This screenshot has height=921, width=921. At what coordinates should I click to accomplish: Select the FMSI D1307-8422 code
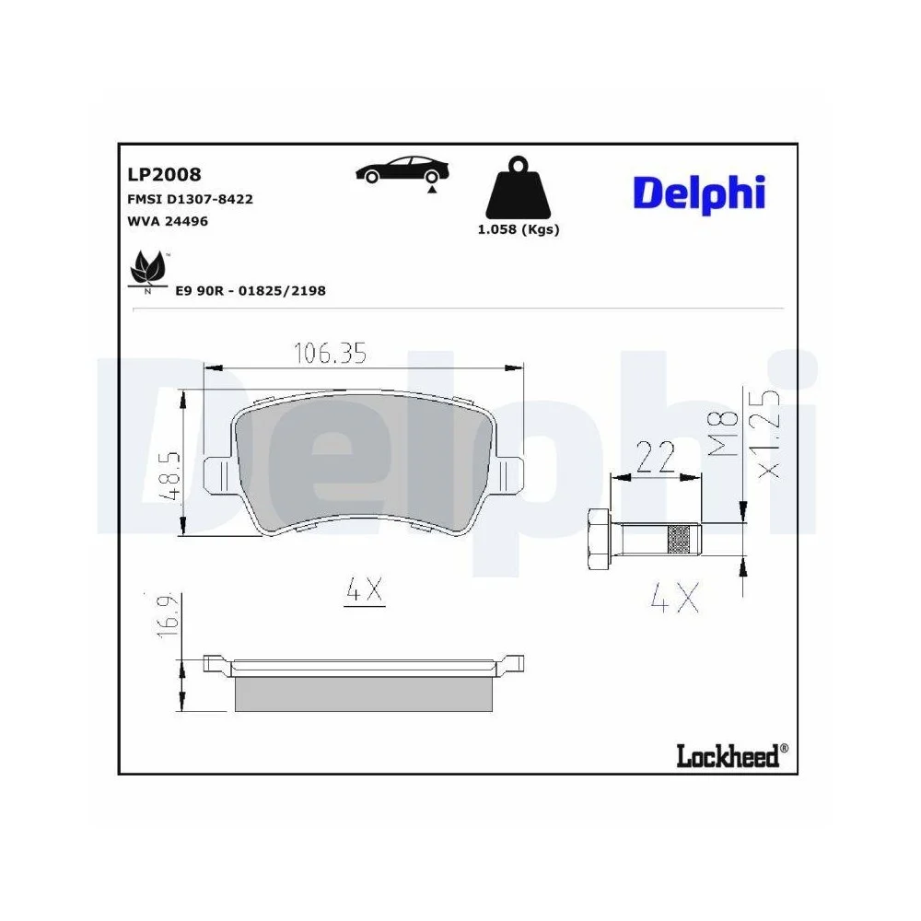tap(190, 198)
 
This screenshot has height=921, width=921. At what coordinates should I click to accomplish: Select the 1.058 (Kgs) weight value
tap(518, 229)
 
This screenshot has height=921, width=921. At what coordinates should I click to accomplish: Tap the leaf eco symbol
tap(146, 270)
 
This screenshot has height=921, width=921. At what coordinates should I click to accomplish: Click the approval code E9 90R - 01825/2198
tap(251, 291)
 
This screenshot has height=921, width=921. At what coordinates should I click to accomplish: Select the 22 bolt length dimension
tap(656, 457)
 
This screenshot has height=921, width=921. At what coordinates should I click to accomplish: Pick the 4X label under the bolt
tap(674, 600)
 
